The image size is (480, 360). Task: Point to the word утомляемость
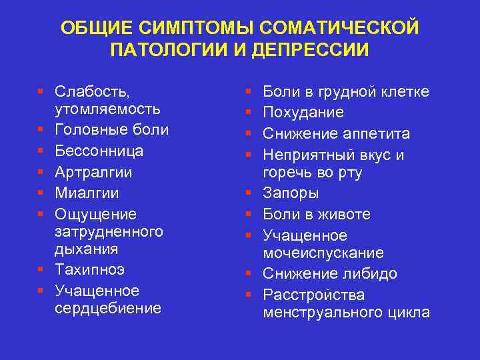107,108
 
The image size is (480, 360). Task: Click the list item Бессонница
99,151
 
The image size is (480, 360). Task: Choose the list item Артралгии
93,172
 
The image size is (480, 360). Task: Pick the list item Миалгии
87,193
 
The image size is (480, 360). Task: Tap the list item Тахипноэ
89,270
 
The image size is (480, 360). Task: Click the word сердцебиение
108,308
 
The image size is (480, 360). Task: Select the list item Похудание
303,112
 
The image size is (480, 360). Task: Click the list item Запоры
291,193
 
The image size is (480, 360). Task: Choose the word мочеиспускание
323,253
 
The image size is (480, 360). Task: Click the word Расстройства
313,295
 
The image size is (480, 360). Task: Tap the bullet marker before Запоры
249,194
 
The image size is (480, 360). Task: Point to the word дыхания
86,249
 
